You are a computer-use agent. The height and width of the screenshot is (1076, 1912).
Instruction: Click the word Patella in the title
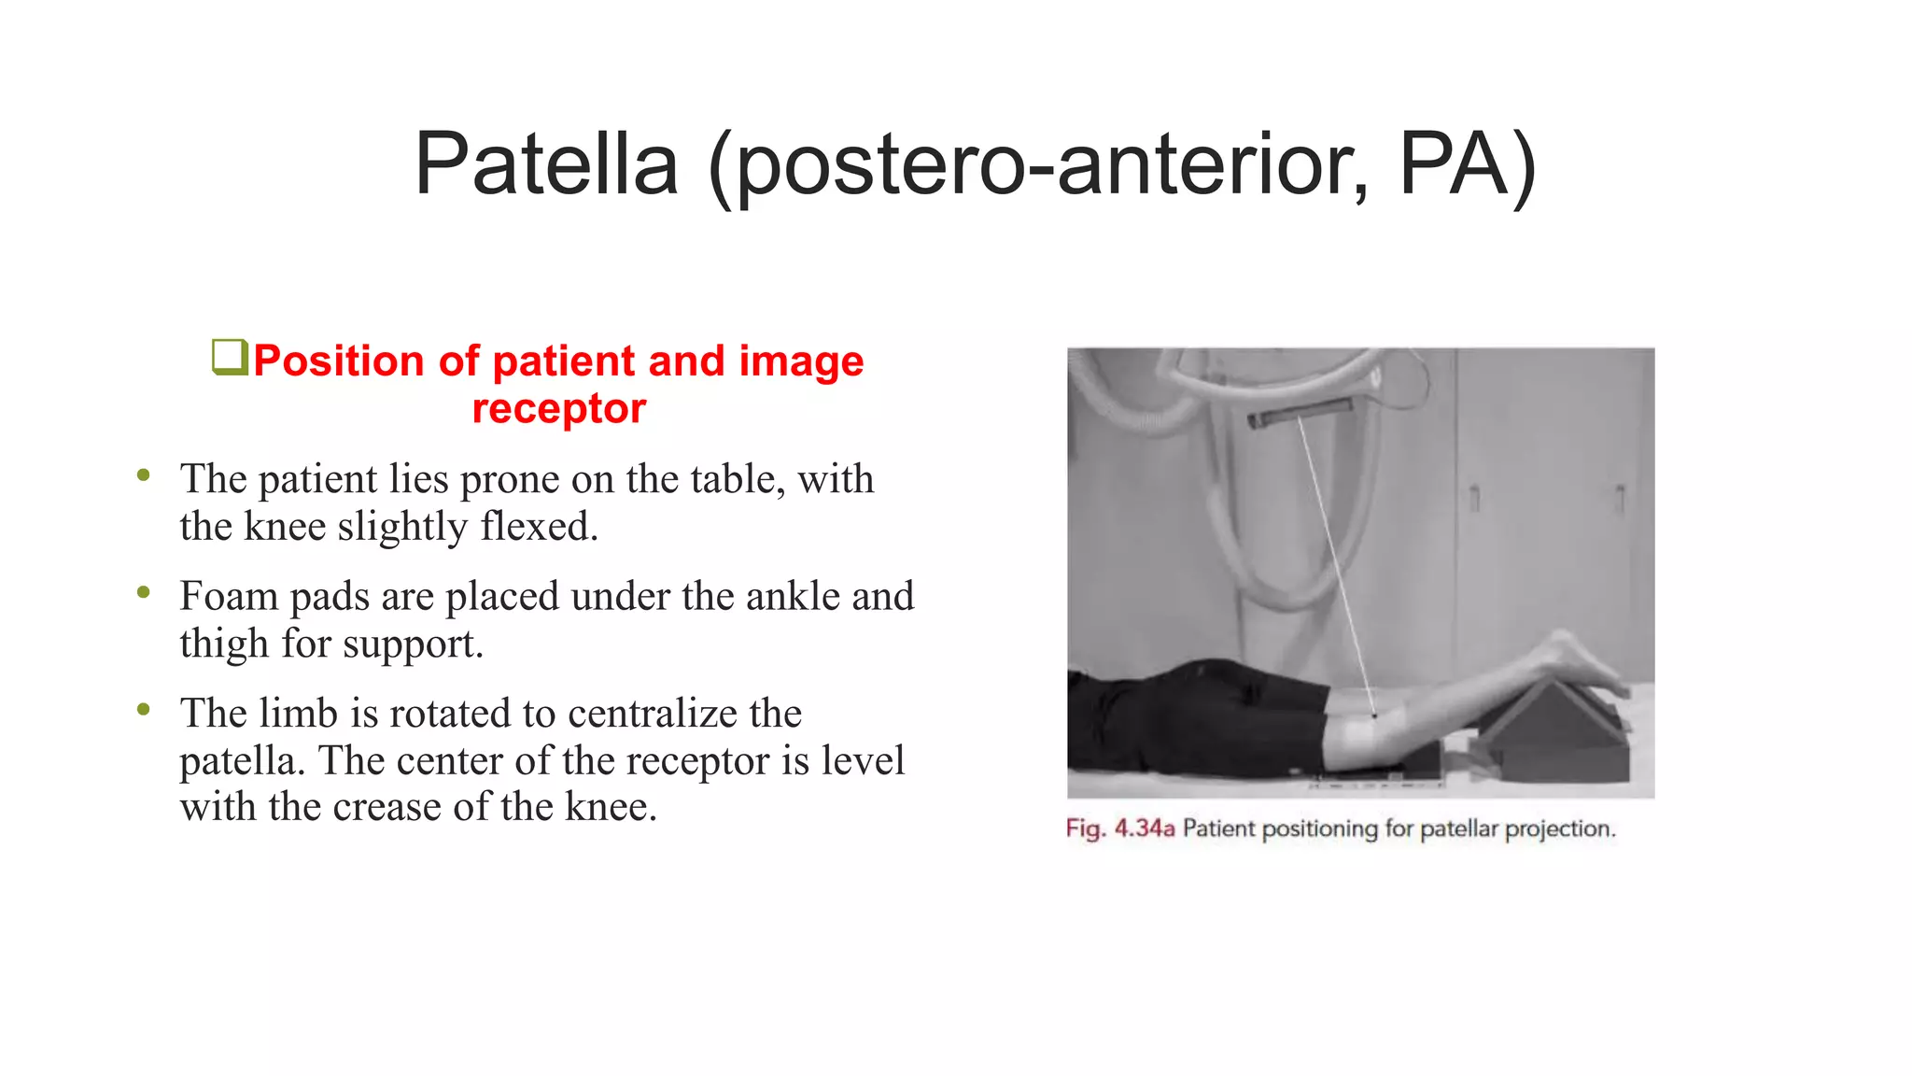pyautogui.click(x=546, y=164)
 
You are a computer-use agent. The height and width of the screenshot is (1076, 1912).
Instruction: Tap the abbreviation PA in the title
pyautogui.click(x=1467, y=164)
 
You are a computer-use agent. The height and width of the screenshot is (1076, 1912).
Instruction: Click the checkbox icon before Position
pyautogui.click(x=230, y=357)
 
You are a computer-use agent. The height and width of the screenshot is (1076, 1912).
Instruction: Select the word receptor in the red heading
pyautogui.click(x=558, y=408)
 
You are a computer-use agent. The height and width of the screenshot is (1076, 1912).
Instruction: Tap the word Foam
pyautogui.click(x=229, y=596)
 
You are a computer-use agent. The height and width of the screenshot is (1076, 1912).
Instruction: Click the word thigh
pyautogui.click(x=224, y=644)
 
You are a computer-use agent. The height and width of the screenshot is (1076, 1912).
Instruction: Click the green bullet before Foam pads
pyautogui.click(x=143, y=592)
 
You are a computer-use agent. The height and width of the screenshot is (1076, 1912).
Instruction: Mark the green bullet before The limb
pyautogui.click(x=143, y=709)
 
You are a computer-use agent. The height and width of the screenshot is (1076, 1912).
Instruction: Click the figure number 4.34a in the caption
pyautogui.click(x=1144, y=828)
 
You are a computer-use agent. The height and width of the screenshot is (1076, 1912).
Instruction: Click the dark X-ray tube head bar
pyautogui.click(x=1300, y=412)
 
